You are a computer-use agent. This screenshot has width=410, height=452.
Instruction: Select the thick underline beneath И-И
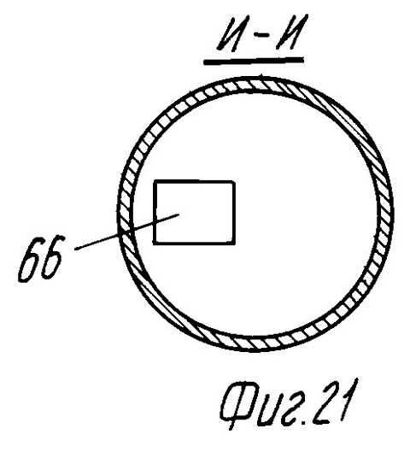[254, 61]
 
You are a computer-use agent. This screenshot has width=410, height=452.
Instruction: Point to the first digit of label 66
[28, 260]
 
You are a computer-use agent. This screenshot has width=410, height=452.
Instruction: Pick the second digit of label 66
[53, 257]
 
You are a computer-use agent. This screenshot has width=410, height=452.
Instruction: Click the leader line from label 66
[127, 232]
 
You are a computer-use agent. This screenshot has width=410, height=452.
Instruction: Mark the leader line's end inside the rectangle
[179, 214]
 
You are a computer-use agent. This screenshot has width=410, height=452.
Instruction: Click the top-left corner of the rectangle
[155, 182]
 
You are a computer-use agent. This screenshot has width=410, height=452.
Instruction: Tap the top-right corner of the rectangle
[234, 183]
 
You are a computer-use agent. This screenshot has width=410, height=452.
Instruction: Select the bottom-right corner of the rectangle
[234, 243]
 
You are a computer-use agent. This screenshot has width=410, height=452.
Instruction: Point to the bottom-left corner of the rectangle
[155, 243]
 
